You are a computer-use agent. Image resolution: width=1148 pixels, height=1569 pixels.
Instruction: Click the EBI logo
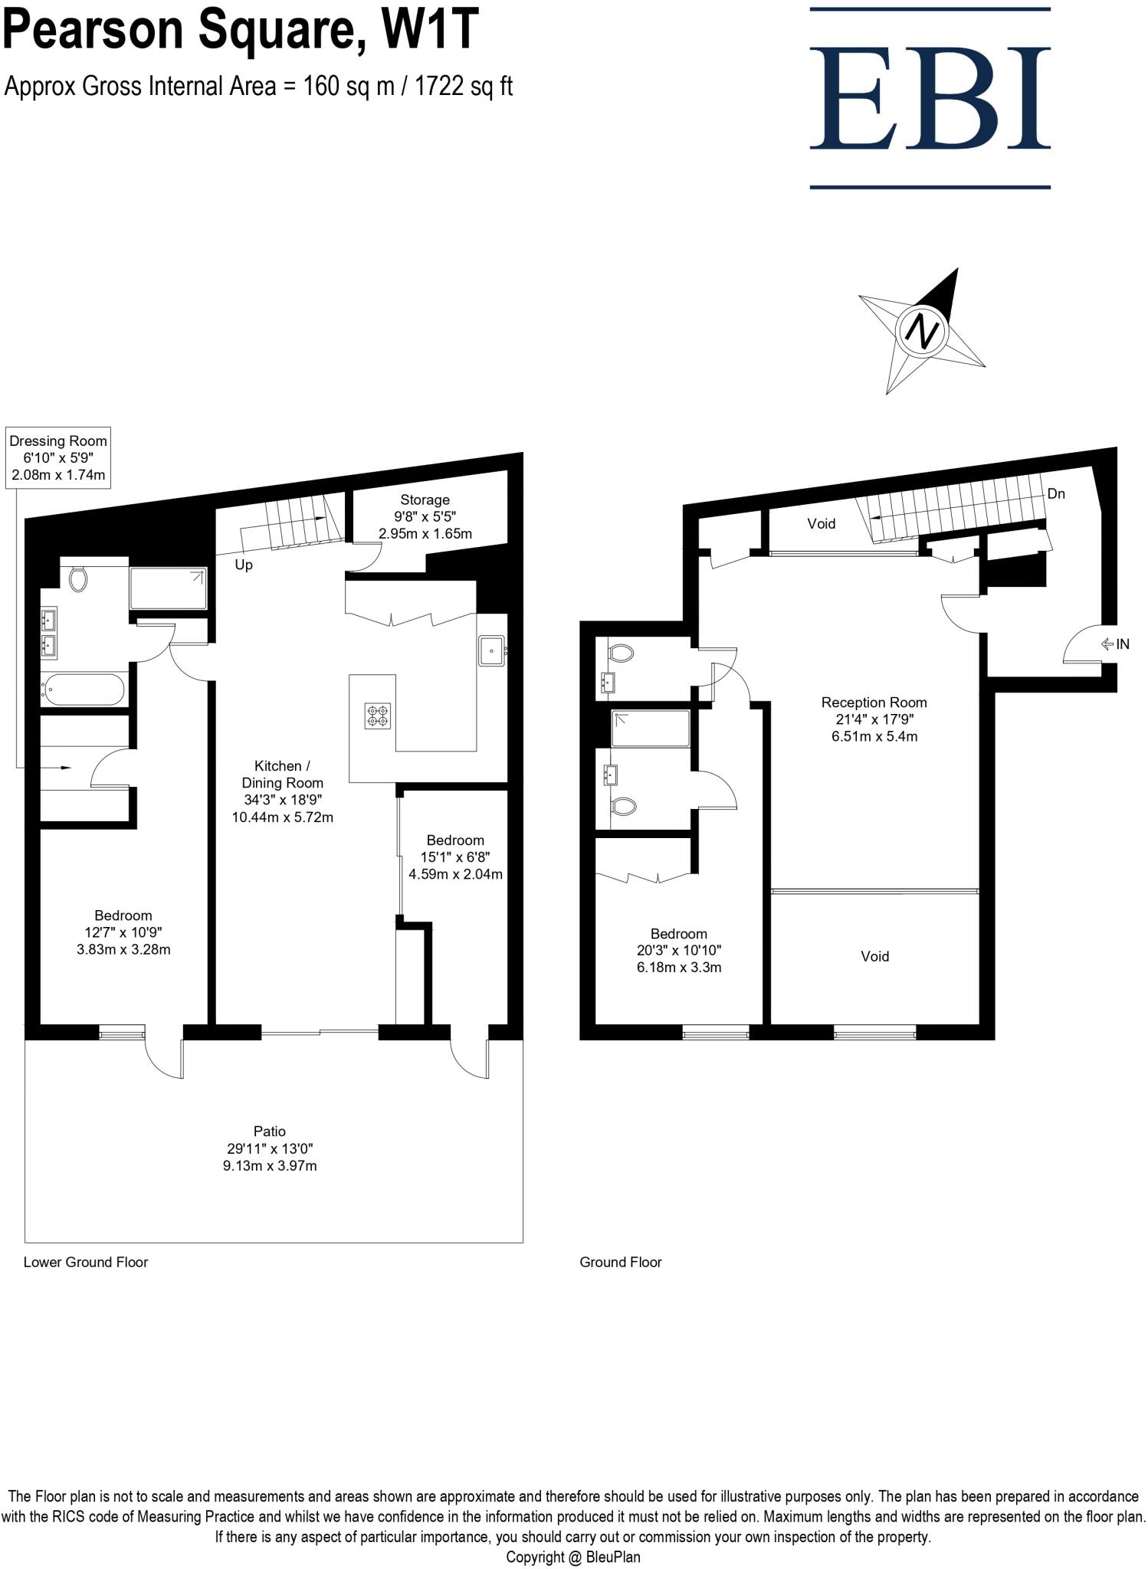[930, 97]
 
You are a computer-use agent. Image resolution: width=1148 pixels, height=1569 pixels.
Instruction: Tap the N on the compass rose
[923, 331]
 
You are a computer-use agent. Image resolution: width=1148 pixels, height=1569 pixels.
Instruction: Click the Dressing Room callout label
[58, 457]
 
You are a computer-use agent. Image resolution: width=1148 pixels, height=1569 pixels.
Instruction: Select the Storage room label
[425, 516]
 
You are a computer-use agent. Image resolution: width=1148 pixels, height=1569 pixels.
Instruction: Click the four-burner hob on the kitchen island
[378, 716]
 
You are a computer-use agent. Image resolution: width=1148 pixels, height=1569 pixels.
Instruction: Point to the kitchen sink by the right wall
[490, 650]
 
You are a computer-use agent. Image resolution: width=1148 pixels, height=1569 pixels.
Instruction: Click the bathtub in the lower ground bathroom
[83, 689]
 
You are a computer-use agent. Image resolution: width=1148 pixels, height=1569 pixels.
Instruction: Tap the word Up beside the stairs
[244, 565]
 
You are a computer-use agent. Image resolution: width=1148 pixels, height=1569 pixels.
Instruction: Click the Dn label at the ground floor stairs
[1055, 494]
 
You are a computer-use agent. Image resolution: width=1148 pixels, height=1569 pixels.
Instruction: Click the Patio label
[270, 1148]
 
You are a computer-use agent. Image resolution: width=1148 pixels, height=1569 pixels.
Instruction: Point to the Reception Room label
[874, 719]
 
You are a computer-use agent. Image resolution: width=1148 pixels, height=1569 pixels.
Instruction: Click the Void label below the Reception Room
[874, 956]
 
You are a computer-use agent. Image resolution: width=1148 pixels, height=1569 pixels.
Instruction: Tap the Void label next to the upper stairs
[821, 524]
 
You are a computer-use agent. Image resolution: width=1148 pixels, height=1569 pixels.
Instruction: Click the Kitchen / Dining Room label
[282, 791]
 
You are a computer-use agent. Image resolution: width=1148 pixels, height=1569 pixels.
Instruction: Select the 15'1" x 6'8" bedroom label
[455, 857]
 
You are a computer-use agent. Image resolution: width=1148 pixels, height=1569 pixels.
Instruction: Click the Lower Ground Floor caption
[86, 1262]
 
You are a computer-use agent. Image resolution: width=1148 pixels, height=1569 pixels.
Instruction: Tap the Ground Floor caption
[620, 1262]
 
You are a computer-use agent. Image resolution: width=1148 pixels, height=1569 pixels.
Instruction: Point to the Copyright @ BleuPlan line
[572, 1557]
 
